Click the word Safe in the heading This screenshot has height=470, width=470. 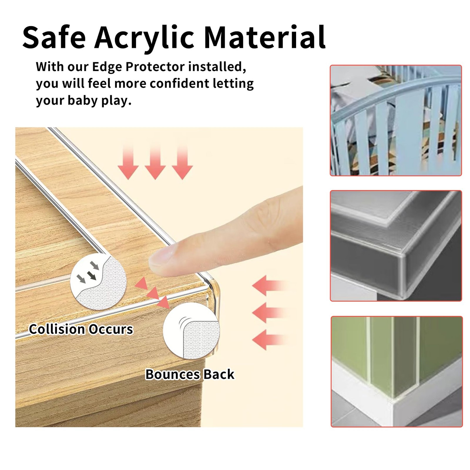point(54,37)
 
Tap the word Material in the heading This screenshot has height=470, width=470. point(265,37)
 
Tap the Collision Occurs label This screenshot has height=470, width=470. point(81,329)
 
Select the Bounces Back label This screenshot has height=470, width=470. point(190,375)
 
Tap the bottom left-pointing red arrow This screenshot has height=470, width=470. point(269,340)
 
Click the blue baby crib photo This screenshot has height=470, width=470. point(396,120)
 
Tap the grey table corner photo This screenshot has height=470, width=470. point(396,246)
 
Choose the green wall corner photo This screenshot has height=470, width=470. point(397,372)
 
